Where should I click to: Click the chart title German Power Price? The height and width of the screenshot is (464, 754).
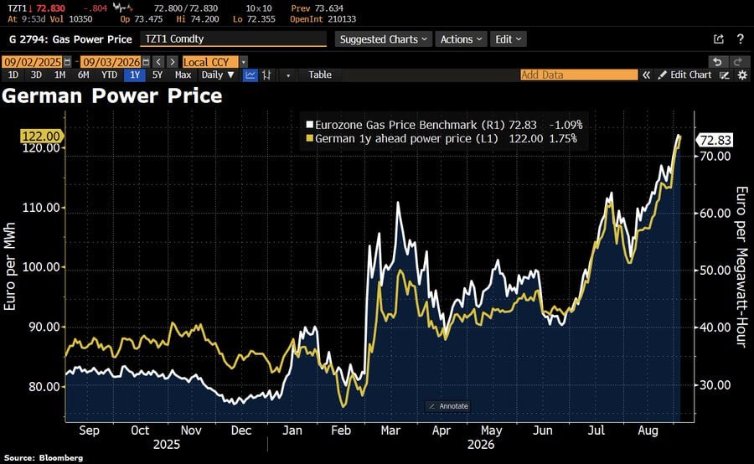pos(112,95)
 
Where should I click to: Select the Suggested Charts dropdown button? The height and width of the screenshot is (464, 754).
pos(383,39)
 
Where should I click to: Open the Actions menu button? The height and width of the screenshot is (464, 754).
pos(461,39)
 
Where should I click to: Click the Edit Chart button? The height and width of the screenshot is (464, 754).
pos(684,75)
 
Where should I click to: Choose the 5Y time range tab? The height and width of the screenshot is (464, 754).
pos(158,75)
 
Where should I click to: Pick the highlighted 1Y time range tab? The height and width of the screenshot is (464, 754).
pos(135,75)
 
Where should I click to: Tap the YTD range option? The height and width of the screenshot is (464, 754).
pos(109,75)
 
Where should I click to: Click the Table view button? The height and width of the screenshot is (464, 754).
pos(320,75)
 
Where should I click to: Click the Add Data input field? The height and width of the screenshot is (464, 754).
pos(579,75)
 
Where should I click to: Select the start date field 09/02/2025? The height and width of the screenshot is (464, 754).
pos(33,62)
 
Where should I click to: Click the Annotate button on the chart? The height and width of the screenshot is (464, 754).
pos(448,406)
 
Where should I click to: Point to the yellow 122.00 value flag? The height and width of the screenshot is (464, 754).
pos(41,136)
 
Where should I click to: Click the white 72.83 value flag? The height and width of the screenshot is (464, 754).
pos(715,140)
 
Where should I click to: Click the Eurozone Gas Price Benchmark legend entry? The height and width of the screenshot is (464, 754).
pos(444,125)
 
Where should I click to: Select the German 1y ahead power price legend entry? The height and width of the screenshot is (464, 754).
pos(441,138)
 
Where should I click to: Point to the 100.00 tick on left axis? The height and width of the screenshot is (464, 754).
pos(41,267)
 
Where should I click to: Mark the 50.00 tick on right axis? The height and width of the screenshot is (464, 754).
pos(715,271)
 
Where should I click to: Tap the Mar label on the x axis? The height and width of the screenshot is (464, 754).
pos(390,430)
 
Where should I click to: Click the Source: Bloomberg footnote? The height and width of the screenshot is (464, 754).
pos(44,458)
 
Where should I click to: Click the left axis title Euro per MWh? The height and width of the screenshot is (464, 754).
pos(9,266)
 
